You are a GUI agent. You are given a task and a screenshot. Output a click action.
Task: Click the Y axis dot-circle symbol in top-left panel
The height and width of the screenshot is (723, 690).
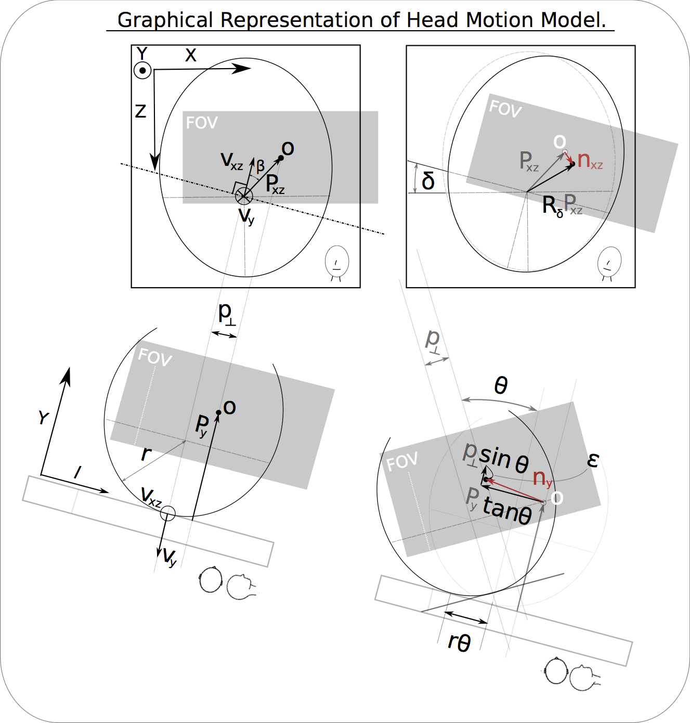[142, 70]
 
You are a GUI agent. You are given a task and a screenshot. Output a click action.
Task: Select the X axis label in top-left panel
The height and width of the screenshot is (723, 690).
[191, 55]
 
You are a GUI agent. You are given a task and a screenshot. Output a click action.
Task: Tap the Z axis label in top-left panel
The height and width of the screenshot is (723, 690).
[140, 111]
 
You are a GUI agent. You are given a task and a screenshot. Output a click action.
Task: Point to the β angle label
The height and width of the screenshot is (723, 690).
[261, 166]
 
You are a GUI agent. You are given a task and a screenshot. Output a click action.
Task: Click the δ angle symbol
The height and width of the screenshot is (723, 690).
[428, 181]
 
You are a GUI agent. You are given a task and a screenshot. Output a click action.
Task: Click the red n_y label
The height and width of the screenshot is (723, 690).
[542, 477]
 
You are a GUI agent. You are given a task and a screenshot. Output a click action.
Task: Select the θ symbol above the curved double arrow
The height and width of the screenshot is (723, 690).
[501, 386]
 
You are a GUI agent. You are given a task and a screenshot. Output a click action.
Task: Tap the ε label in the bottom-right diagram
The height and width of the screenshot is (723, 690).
[593, 460]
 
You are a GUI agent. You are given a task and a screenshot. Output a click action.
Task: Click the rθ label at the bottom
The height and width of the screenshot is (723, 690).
[459, 643]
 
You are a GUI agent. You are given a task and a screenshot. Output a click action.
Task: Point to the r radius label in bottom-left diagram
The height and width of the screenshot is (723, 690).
[146, 454]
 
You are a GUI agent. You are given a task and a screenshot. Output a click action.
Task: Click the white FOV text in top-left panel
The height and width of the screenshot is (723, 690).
[202, 123]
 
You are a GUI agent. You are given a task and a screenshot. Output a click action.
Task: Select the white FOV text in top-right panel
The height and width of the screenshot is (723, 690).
[505, 109]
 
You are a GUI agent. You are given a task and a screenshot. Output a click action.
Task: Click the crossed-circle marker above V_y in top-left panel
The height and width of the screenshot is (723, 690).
[244, 196]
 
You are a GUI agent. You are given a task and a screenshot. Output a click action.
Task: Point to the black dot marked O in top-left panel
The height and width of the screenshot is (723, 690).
[281, 158]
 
